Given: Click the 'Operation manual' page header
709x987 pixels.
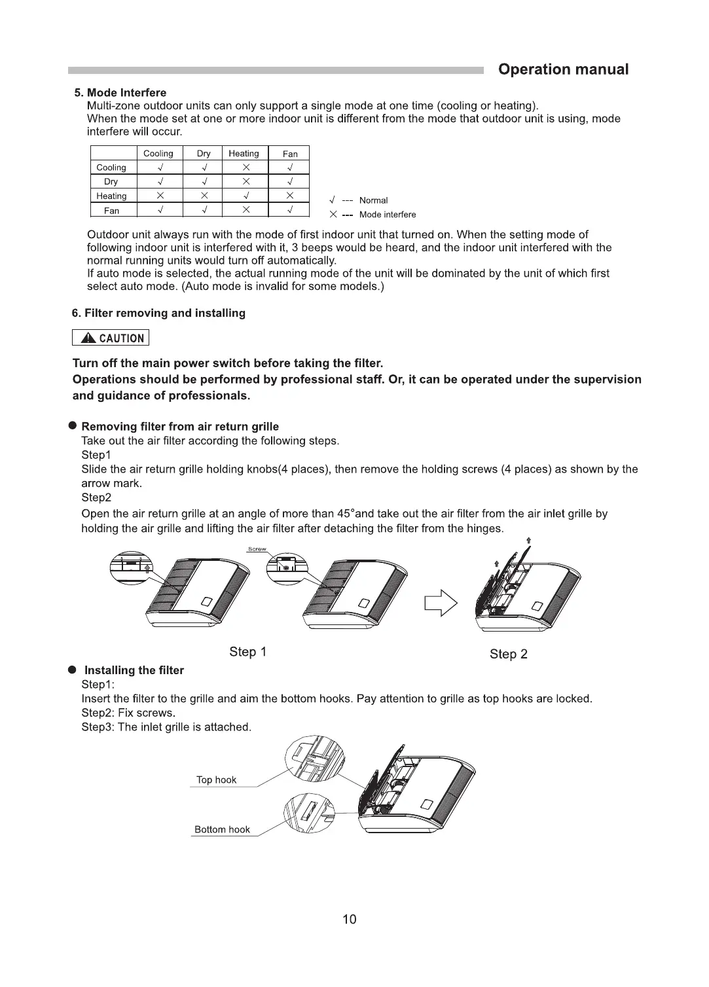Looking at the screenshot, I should click(563, 70).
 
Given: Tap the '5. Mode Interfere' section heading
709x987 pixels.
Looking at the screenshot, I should click(120, 93).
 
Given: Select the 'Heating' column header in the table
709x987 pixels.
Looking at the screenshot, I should click(244, 154).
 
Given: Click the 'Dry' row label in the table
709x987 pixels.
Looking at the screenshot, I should click(111, 182).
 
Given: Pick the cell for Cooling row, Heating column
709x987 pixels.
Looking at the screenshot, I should click(246, 168).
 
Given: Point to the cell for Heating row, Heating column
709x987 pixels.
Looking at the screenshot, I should click(246, 196).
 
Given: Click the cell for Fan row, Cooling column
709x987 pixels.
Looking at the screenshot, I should click(160, 210).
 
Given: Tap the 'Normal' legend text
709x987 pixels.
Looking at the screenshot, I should click(373, 200).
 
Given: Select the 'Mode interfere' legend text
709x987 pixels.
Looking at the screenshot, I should click(388, 215).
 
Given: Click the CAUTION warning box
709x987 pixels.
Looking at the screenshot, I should click(111, 338).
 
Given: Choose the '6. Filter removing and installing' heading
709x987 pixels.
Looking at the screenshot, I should click(158, 314).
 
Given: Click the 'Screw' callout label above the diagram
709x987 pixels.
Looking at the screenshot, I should click(257, 549).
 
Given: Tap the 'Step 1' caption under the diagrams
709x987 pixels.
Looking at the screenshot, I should click(247, 652).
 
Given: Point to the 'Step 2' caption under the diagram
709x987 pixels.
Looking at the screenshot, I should click(508, 654).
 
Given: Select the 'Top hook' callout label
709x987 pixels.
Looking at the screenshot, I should click(216, 780).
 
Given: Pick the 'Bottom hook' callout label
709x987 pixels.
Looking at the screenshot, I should click(222, 830).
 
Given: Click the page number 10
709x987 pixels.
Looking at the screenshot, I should click(350, 920).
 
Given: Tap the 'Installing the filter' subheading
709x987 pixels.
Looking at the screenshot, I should click(134, 670).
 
